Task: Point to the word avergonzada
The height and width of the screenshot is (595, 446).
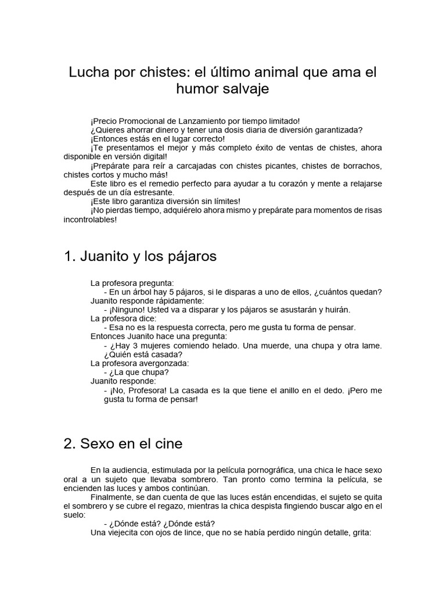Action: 161,363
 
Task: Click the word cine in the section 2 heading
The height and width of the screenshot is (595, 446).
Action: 168,444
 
